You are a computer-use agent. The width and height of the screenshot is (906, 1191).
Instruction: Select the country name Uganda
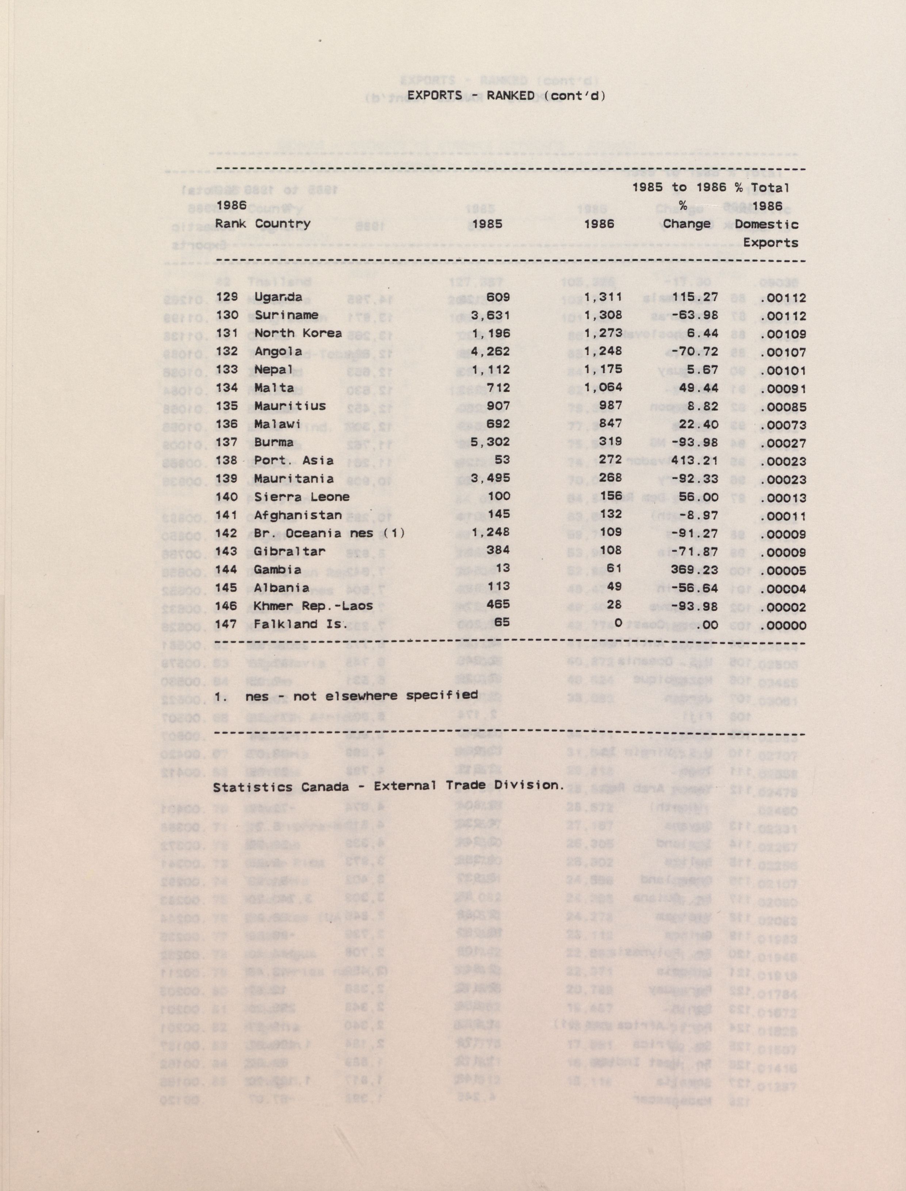pyautogui.click(x=278, y=297)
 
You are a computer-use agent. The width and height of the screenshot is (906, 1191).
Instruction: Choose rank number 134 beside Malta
pyautogui.click(x=226, y=388)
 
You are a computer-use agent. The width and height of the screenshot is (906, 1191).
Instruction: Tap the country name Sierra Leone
pyautogui.click(x=302, y=497)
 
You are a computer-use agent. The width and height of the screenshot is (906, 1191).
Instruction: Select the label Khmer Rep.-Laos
pyautogui.click(x=313, y=606)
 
